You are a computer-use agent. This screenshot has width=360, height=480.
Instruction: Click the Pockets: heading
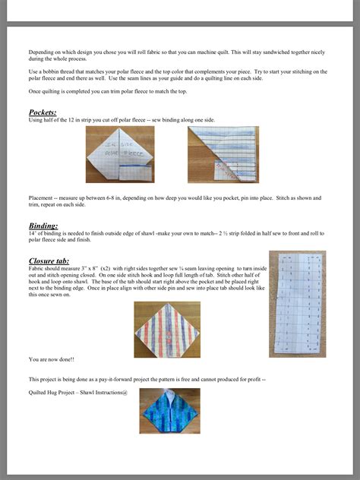point(43,112)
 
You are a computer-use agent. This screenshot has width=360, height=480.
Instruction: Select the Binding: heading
point(43,226)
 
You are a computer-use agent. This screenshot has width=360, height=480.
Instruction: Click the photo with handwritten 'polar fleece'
point(122,154)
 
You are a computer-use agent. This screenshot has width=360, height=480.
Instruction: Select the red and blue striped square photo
point(167,330)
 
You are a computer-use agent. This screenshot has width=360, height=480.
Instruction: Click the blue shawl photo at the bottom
point(169,411)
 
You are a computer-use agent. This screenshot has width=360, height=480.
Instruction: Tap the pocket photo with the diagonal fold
point(223,154)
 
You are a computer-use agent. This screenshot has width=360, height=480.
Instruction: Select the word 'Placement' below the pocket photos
point(43,197)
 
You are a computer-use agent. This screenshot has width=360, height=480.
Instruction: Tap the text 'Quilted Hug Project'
point(53,392)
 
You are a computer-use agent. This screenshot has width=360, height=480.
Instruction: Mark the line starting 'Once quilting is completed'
point(98,91)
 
